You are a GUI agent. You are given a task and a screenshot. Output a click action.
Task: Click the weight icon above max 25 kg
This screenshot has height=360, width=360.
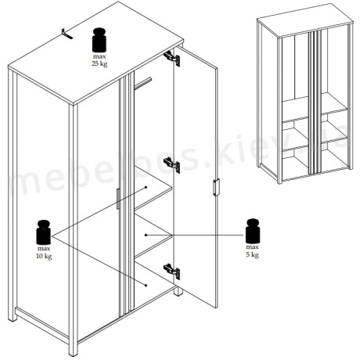[99, 40]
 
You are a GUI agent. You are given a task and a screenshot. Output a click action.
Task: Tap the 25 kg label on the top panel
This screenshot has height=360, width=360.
[99, 63]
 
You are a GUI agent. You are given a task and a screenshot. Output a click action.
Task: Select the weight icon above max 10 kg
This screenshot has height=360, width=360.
[44, 232]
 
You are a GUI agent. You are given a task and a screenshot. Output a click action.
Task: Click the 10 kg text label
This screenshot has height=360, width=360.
[44, 256]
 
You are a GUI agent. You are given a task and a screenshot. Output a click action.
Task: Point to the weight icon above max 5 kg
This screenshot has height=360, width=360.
[253, 231]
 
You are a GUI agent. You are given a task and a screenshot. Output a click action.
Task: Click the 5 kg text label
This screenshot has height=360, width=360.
[253, 254]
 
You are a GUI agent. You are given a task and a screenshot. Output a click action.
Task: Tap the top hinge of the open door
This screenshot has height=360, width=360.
[172, 58]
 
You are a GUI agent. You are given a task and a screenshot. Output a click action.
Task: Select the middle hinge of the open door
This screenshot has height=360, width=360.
[172, 165]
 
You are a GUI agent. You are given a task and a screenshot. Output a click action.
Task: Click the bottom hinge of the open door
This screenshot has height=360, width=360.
[172, 272]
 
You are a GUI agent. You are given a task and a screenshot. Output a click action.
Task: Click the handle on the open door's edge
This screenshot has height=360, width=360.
[216, 187]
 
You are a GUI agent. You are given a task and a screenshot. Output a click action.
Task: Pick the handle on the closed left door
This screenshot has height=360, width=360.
[118, 199]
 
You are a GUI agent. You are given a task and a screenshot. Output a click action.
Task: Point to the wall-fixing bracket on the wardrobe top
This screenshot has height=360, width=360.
[67, 34]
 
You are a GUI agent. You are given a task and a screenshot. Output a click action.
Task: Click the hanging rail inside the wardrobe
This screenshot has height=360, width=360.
[142, 83]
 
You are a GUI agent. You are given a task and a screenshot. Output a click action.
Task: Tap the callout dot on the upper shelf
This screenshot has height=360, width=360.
[146, 187]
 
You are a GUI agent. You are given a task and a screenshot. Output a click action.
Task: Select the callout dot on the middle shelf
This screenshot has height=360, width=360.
[146, 235]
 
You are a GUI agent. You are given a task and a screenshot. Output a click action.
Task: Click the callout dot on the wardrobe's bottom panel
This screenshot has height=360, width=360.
[146, 286]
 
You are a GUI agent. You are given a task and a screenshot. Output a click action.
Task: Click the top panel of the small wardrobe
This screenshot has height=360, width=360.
[305, 20]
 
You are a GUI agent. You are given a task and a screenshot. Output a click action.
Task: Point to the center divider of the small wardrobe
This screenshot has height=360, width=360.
[315, 101]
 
